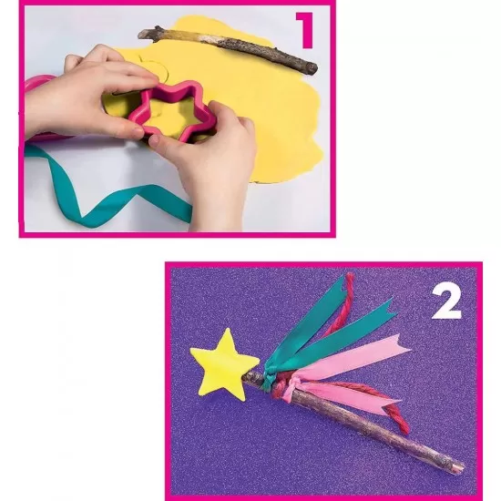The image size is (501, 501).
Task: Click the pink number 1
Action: (304, 29)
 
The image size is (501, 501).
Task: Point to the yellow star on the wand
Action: (224, 363)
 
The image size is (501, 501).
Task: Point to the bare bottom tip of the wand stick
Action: (455, 467)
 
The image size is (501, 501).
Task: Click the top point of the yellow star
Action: (226, 333)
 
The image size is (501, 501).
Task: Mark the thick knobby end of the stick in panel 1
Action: (151, 34)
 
